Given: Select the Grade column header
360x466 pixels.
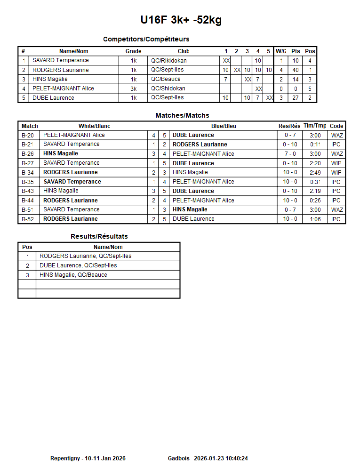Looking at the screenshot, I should (133, 51).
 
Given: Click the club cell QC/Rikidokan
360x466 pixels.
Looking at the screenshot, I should (168, 61).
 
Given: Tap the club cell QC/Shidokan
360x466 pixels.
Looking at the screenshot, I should (168, 88).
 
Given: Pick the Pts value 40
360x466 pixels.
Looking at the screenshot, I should (296, 70).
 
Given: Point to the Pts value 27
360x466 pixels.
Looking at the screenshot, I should (296, 98).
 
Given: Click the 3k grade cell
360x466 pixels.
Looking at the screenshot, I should (134, 88).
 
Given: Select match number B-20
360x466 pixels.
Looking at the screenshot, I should (28, 136).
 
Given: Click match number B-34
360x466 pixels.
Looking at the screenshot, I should (28, 173).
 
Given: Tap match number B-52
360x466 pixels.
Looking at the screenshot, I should (28, 219).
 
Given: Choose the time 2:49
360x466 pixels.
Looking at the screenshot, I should (315, 173).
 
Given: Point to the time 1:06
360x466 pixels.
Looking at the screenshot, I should (315, 219).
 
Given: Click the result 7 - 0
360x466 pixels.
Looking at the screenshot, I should (290, 154).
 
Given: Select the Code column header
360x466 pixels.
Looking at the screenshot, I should (336, 126).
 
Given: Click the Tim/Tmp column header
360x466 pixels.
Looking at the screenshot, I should (315, 126).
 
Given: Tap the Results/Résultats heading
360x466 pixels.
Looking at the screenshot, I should (99, 236).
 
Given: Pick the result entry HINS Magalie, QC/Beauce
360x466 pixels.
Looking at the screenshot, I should (73, 275).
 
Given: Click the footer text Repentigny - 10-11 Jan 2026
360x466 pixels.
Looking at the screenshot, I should (88, 458).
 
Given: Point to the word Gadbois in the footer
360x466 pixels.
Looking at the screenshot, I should (179, 458).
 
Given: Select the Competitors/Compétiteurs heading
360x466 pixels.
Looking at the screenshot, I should (146, 39).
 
